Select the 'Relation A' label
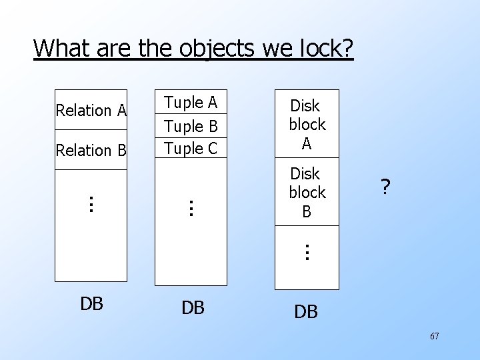91,110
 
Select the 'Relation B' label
91,151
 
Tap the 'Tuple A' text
191,103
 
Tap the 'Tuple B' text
191,126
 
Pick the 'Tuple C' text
191,149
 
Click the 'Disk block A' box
307,124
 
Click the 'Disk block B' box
307,192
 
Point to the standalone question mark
385,189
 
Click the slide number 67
434,337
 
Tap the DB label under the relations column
91,303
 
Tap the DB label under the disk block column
306,311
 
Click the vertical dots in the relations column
91,203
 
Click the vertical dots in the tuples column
190,207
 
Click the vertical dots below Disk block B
306,252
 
